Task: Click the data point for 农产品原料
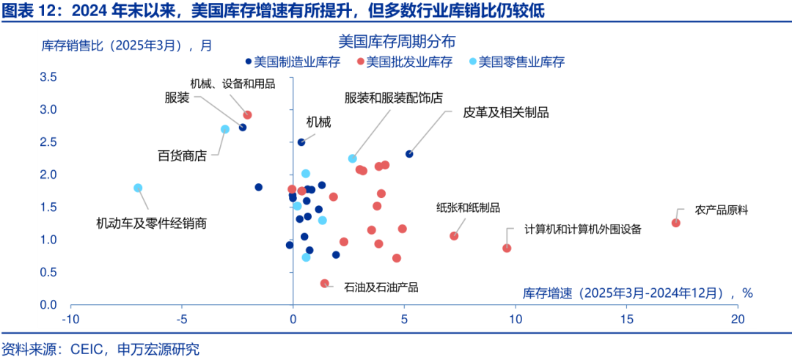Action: pyautogui.click(x=676, y=223)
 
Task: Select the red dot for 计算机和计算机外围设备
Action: pyautogui.click(x=507, y=248)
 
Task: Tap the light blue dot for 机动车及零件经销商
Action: pyautogui.click(x=138, y=188)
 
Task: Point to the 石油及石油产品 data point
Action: pyautogui.click(x=325, y=283)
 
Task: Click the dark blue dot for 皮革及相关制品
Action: pyautogui.click(x=409, y=154)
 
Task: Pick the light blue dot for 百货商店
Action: pyautogui.click(x=225, y=129)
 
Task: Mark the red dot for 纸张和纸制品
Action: pyautogui.click(x=454, y=236)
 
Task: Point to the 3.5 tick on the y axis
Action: pyautogui.click(x=48, y=77)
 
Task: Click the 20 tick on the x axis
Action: pyautogui.click(x=737, y=319)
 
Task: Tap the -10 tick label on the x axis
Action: pyautogui.click(x=70, y=319)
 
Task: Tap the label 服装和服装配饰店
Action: pyautogui.click(x=394, y=98)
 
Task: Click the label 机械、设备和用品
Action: pyautogui.click(x=232, y=84)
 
